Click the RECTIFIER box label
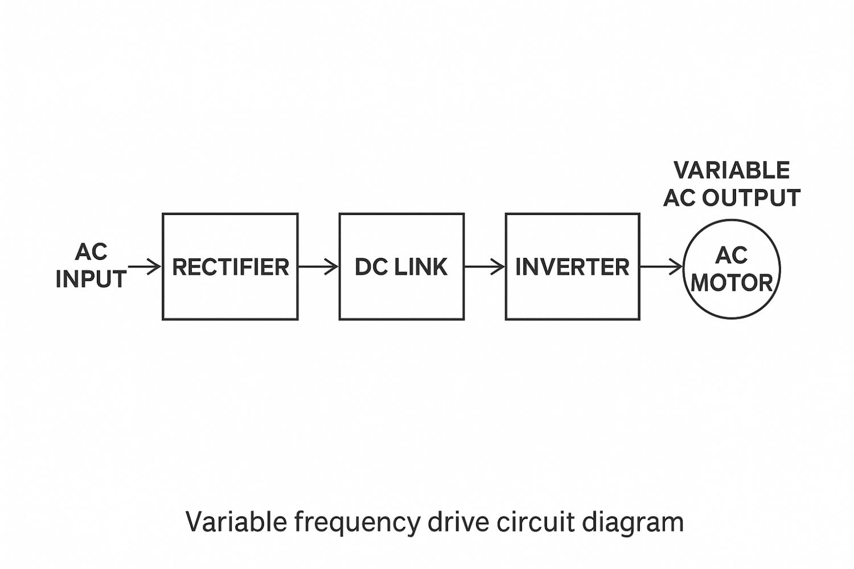click(230, 267)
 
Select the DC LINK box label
click(401, 267)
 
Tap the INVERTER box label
click(572, 267)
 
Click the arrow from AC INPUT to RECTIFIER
click(145, 266)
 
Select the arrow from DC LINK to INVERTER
click(485, 266)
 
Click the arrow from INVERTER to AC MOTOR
click(661, 266)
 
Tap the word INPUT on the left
click(91, 279)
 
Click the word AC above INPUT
click(91, 252)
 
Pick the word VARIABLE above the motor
click(732, 170)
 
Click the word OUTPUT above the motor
click(751, 198)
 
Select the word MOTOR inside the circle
click(732, 283)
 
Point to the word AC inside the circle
click(731, 255)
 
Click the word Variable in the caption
click(236, 522)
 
